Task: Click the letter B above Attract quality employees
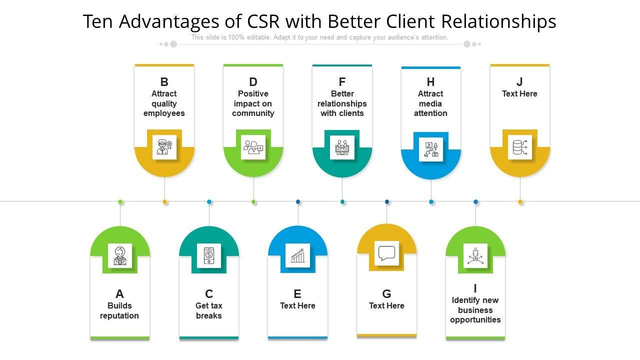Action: [x=164, y=82]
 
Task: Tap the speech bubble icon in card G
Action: [x=386, y=253]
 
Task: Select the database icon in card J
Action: [x=520, y=147]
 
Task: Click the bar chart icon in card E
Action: [x=297, y=255]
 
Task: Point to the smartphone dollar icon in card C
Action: [x=209, y=255]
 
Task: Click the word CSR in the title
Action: [x=263, y=21]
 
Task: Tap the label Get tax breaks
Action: [x=209, y=310]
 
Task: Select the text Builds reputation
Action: [x=119, y=310]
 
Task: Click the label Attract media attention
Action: [x=430, y=103]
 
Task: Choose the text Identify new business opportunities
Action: [x=475, y=310]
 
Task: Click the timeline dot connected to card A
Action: [x=120, y=202]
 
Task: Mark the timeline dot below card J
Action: [x=520, y=202]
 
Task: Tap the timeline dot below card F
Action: [x=342, y=202]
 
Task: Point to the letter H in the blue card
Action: [x=430, y=82]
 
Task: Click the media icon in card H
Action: [x=431, y=149]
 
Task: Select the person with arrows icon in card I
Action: [x=475, y=255]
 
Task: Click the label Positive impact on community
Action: [x=253, y=103]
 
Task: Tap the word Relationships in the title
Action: [x=499, y=21]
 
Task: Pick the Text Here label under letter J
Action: [x=519, y=93]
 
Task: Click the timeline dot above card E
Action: [x=298, y=202]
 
